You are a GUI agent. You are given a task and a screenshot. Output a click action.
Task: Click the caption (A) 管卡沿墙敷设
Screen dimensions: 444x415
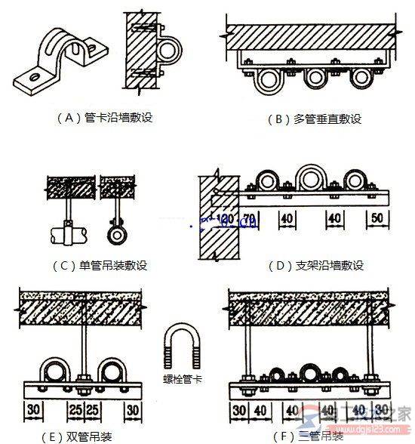tap(105, 118)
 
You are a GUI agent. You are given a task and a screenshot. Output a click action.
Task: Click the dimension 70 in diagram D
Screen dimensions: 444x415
tap(250, 219)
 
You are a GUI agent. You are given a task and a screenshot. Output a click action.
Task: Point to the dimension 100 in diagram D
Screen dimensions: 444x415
tap(224, 219)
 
